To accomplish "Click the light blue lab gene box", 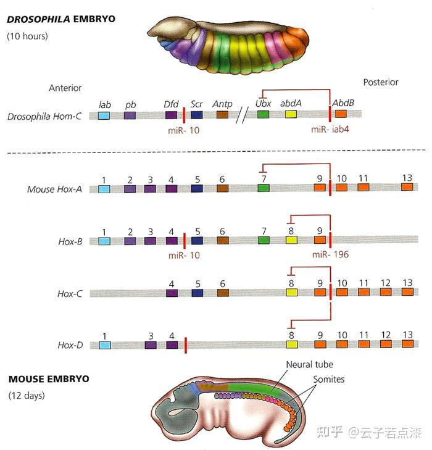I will [104, 115].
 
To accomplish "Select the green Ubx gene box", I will [264, 115].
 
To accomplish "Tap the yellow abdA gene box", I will [291, 115].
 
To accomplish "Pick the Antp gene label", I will [222, 104].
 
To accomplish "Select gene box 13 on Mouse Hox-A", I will [407, 188].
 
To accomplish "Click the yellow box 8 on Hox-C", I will [291, 293].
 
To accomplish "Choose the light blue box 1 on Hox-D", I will [104, 345].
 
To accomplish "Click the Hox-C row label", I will [70, 294].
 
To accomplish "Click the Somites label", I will [329, 379].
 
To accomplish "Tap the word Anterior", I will [65, 88].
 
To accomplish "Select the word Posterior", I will [381, 82].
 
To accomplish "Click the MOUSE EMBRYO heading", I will [48, 378].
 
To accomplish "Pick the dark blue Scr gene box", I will [197, 115].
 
